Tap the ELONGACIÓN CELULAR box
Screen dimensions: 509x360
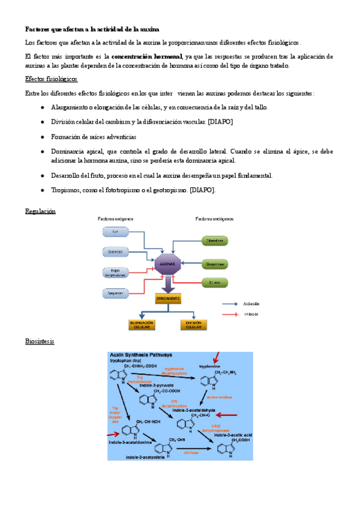click(x=142, y=324)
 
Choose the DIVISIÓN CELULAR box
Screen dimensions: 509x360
click(x=193, y=324)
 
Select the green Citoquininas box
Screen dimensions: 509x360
click(x=215, y=241)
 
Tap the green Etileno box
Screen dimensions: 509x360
click(x=215, y=282)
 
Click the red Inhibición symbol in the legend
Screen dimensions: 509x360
click(x=230, y=315)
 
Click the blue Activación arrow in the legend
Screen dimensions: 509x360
click(x=230, y=304)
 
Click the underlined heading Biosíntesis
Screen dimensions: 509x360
click(x=40, y=342)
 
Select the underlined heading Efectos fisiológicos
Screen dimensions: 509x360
click(x=51, y=79)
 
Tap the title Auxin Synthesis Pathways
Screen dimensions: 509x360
click(x=140, y=355)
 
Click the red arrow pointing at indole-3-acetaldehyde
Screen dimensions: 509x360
click(x=227, y=415)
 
